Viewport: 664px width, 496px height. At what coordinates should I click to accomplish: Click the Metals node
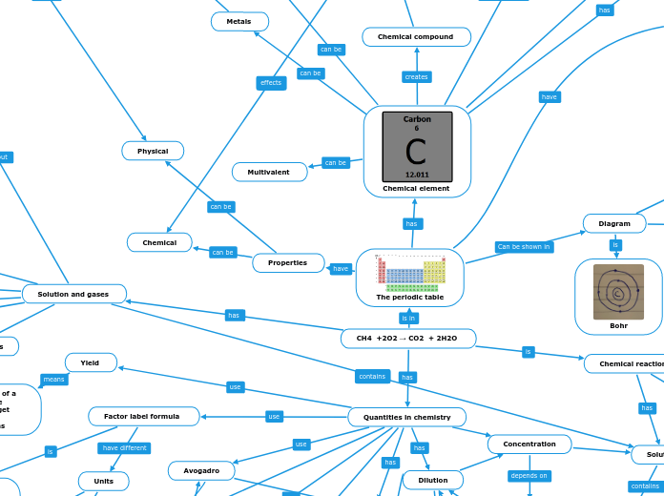pyautogui.click(x=239, y=21)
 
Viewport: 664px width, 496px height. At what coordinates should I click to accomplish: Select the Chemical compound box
pyautogui.click(x=416, y=37)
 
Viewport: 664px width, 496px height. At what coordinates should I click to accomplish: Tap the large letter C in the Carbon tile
pyautogui.click(x=416, y=152)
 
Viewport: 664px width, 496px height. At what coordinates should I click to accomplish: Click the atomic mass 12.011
pyautogui.click(x=417, y=175)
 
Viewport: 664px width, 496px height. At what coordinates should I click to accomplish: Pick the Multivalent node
pyautogui.click(x=269, y=172)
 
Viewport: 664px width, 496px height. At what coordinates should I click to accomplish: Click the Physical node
pyautogui.click(x=153, y=151)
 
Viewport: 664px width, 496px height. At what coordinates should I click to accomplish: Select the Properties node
pyautogui.click(x=288, y=262)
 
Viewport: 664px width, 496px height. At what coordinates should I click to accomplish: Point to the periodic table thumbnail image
pyautogui.click(x=409, y=272)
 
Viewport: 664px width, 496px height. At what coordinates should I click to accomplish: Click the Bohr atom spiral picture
pyautogui.click(x=618, y=291)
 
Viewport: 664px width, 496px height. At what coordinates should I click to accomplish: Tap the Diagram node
pyautogui.click(x=614, y=223)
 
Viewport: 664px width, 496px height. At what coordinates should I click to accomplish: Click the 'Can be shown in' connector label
pyautogui.click(x=524, y=247)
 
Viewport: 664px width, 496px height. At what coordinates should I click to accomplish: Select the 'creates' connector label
pyautogui.click(x=416, y=76)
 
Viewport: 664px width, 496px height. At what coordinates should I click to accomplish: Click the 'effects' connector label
pyautogui.click(x=271, y=83)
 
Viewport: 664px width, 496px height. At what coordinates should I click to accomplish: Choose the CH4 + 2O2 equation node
pyautogui.click(x=407, y=338)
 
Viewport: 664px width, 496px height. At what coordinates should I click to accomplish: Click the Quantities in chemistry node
pyautogui.click(x=406, y=417)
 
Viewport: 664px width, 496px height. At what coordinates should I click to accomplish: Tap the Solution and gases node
pyautogui.click(x=73, y=294)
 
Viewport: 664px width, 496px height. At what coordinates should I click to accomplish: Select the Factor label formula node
pyautogui.click(x=143, y=416)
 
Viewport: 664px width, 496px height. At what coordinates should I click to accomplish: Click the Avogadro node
pyautogui.click(x=201, y=470)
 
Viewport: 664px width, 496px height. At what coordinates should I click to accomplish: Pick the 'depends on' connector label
pyautogui.click(x=529, y=475)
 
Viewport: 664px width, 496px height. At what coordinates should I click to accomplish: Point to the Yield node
pyautogui.click(x=91, y=362)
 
